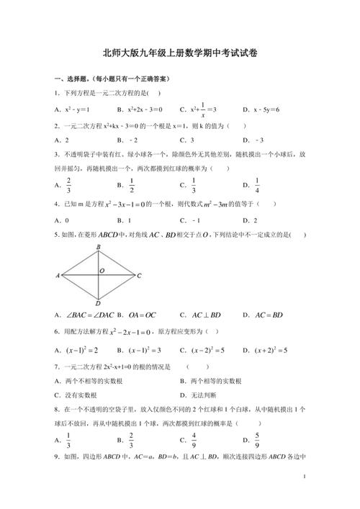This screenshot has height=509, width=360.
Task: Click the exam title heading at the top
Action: tap(180, 53)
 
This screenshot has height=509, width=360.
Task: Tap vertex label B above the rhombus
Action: tap(98, 248)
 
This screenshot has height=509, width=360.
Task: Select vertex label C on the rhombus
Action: tap(139, 276)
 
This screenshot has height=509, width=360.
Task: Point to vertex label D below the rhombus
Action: tap(98, 303)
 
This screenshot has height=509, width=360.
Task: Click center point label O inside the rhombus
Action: tap(102, 271)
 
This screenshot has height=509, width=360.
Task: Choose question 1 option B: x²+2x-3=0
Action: tap(150, 109)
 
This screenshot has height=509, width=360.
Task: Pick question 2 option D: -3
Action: tap(256, 140)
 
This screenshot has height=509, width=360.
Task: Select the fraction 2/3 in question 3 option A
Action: tap(68, 185)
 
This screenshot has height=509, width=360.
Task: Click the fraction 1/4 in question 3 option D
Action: tap(257, 185)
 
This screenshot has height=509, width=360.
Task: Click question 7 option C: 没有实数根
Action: tap(80, 395)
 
